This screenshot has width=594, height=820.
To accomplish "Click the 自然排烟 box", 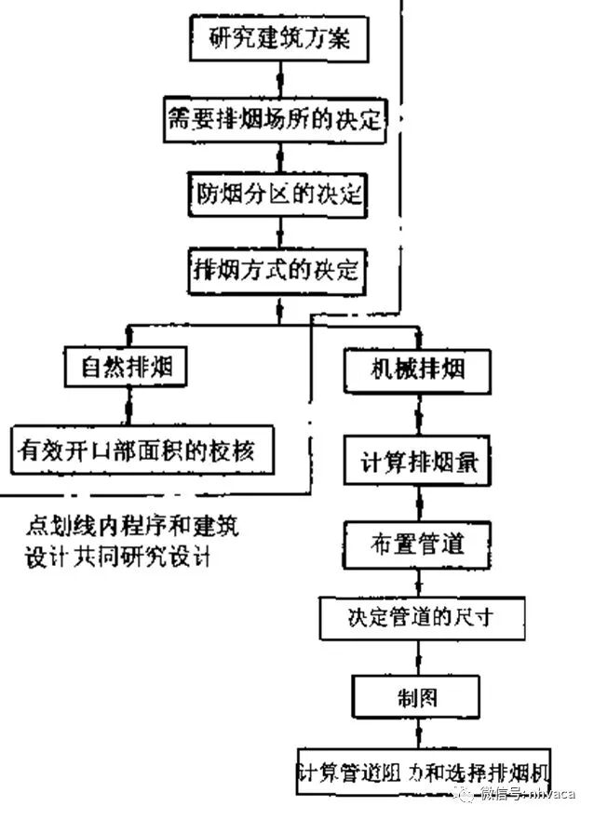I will [127, 369].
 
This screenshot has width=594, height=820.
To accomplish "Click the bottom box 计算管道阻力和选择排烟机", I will [425, 772].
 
